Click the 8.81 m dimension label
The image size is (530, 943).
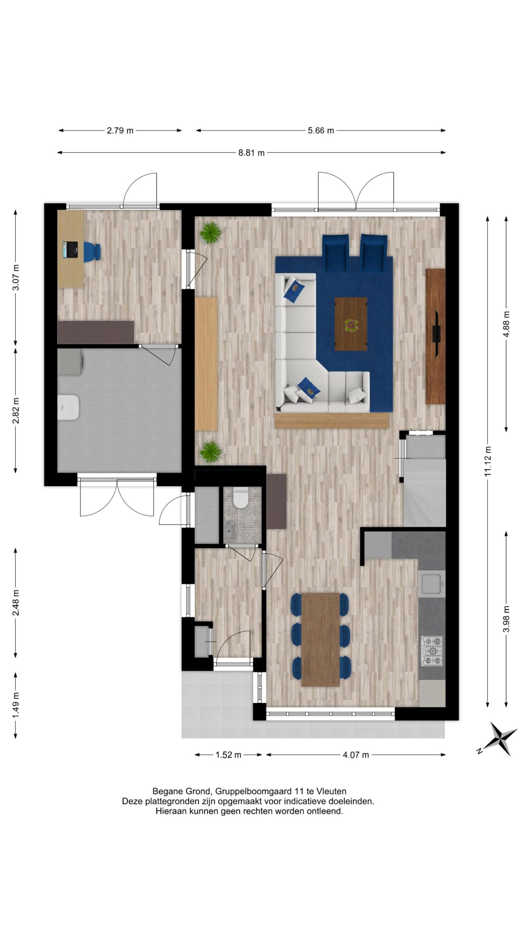(x=251, y=153)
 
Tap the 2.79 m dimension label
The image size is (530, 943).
(x=120, y=130)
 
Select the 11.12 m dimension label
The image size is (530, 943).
(x=488, y=461)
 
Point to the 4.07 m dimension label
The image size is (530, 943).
(x=356, y=755)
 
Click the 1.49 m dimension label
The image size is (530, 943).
(x=16, y=705)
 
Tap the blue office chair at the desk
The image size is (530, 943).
(x=92, y=252)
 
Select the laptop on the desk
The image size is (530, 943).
(x=70, y=249)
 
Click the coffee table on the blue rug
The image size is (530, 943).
(x=351, y=324)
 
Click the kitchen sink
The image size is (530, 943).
(x=432, y=583)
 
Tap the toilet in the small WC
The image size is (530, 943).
(x=241, y=497)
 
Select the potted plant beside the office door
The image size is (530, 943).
(x=211, y=232)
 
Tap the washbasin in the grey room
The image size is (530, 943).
(x=68, y=407)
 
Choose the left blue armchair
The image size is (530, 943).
(x=335, y=253)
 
